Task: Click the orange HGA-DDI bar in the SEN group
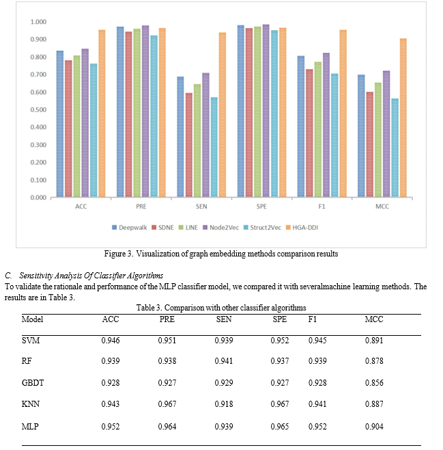tap(223, 115)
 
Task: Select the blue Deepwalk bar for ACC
tap(60, 124)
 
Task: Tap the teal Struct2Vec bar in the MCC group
tap(395, 148)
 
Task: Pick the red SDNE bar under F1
tap(309, 133)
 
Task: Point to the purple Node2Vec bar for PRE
tap(145, 111)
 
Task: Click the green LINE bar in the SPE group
tap(258, 112)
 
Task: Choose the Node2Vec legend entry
tap(220, 228)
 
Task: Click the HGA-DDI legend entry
tap(302, 228)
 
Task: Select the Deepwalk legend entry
tap(130, 228)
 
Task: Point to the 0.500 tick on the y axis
tap(38, 109)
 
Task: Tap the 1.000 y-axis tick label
tap(38, 22)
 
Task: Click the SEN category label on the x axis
tap(201, 207)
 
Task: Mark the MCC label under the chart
tap(382, 207)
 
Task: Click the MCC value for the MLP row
tap(374, 427)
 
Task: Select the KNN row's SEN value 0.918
tap(224, 404)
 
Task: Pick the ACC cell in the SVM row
tap(111, 341)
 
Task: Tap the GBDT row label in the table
tap(33, 383)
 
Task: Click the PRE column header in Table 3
tap(167, 319)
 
